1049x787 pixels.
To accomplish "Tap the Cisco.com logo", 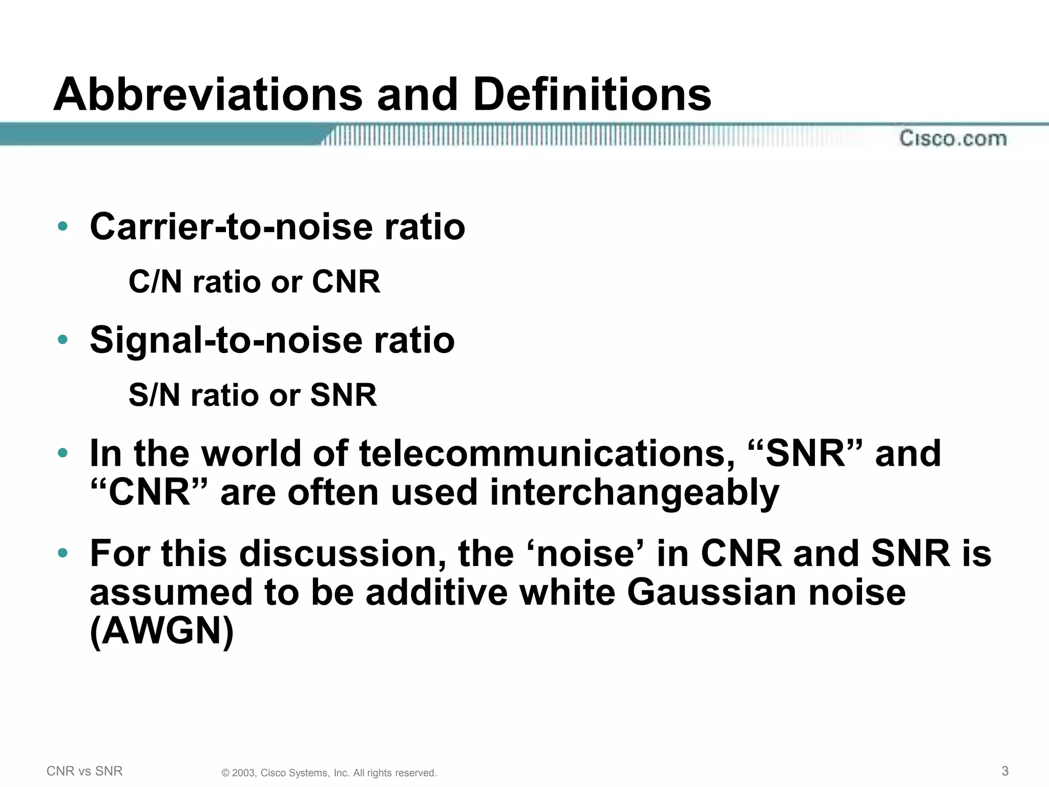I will coord(953,138).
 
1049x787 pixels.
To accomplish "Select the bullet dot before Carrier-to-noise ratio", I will coord(63,226).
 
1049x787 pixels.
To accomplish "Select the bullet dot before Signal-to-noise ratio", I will coord(63,339).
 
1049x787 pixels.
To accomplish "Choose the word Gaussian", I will coord(711,592).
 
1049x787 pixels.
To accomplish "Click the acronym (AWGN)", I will coord(162,631).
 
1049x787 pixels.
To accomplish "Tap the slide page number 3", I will coord(1005,771).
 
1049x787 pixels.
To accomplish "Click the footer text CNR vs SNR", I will coord(85,771).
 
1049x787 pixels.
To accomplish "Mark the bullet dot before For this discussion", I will coord(63,553).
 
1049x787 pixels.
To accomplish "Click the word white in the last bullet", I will coord(567,592).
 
